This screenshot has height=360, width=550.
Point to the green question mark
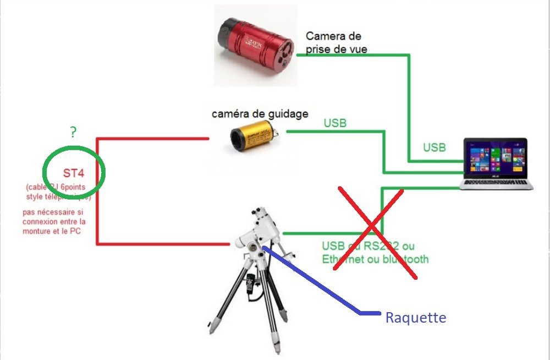(73, 132)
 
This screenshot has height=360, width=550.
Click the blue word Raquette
(415, 318)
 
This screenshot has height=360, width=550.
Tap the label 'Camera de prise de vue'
(334, 42)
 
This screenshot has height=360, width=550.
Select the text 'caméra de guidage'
(260, 114)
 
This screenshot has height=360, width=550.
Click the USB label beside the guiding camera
(335, 123)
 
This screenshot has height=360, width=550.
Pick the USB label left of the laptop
(435, 148)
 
